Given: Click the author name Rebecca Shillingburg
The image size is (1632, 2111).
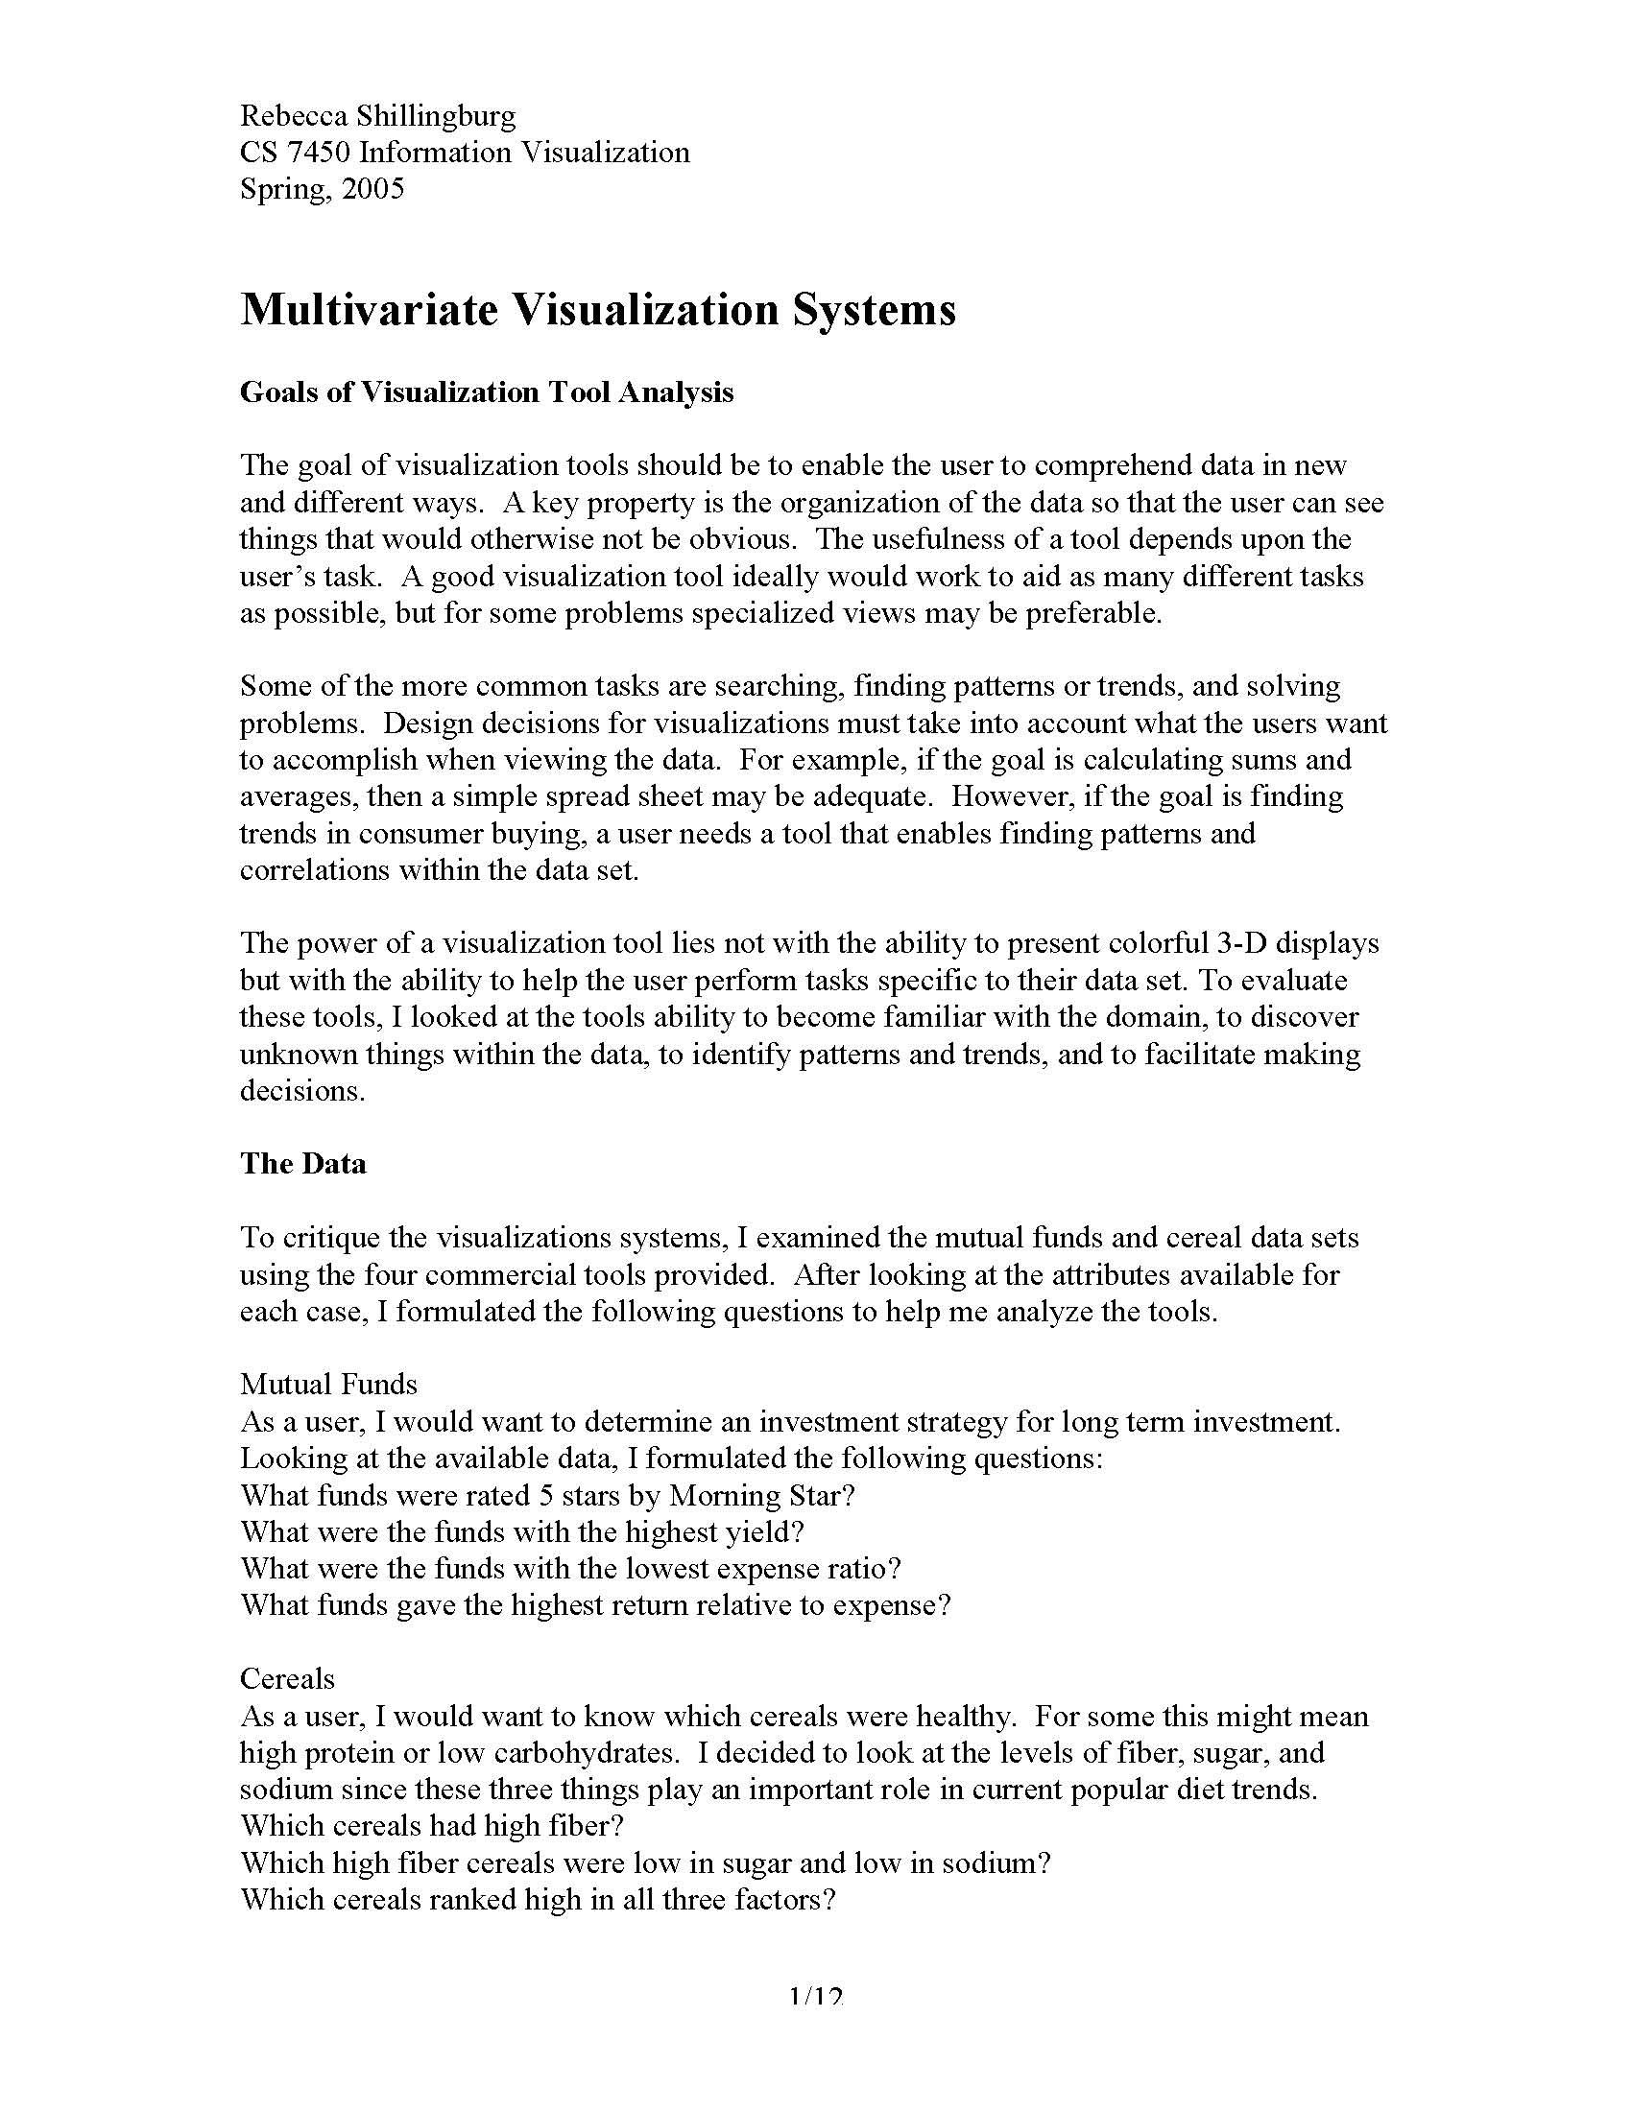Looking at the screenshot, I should (x=378, y=116).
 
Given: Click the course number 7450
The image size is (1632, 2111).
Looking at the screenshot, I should (x=320, y=153).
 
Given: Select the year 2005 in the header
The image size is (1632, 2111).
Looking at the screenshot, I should (x=372, y=188).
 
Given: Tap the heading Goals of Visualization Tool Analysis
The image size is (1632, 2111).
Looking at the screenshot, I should (x=487, y=392).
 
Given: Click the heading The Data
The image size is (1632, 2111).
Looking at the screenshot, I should (x=302, y=1163).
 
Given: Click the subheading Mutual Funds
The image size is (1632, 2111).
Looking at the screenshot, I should (x=328, y=1385).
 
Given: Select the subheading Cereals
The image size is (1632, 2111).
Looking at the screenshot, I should (x=287, y=1679).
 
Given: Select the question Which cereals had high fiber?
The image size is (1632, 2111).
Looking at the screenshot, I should (x=431, y=1827).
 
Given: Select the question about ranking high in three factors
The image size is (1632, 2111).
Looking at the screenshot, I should (x=538, y=1900).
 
